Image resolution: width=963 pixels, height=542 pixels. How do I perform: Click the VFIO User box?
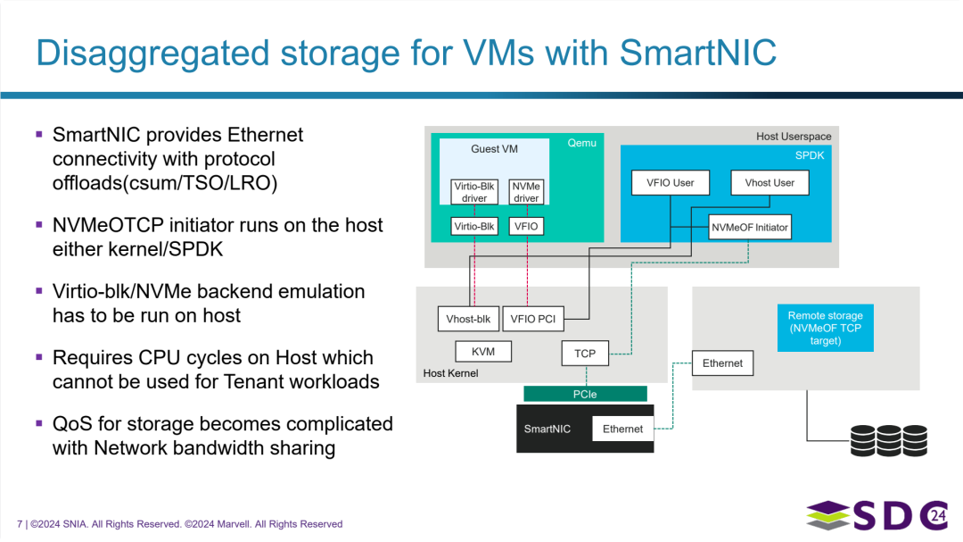[x=670, y=183]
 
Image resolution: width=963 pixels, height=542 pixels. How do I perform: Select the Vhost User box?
[x=770, y=183]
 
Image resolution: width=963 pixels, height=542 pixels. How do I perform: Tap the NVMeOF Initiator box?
[x=749, y=227]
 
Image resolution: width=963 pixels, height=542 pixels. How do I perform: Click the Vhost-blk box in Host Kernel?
[x=468, y=319]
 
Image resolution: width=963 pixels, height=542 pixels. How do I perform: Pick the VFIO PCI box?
[x=532, y=319]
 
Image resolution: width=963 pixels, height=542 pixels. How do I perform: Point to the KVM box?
[x=483, y=351]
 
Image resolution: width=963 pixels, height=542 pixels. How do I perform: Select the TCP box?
[x=585, y=353]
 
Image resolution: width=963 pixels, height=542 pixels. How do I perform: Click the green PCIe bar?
[x=585, y=394]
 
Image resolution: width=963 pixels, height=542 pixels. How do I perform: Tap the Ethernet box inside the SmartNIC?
[x=622, y=429]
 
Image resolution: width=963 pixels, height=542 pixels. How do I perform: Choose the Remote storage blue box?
[x=826, y=328]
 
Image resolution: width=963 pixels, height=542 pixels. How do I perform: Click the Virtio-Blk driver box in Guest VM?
[x=474, y=192]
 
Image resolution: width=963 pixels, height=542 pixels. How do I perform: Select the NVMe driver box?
[x=526, y=192]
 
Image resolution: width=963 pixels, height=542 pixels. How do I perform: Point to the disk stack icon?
[x=889, y=440]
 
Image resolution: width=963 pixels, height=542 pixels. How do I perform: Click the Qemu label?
[x=581, y=143]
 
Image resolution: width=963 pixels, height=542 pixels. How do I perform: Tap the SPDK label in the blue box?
[x=810, y=155]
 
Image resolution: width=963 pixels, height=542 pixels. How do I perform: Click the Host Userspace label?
[x=794, y=137]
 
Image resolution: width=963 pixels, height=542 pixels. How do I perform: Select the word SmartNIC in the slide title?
[x=698, y=53]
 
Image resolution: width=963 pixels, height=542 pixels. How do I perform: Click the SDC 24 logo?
[x=877, y=515]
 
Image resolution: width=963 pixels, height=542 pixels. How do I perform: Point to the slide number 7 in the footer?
[x=20, y=524]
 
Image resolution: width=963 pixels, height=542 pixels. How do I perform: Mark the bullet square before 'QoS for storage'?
[x=39, y=423]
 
